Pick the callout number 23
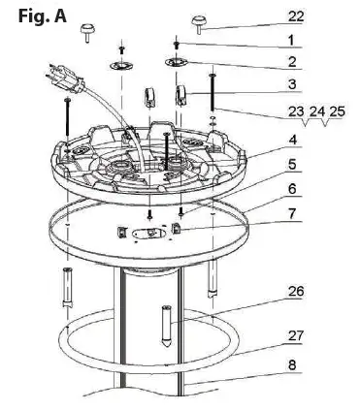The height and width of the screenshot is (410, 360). coord(296,112)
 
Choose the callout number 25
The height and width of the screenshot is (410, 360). coord(337,112)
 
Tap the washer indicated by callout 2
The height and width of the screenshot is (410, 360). coord(177,64)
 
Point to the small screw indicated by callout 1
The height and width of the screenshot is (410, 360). coord(177,43)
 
